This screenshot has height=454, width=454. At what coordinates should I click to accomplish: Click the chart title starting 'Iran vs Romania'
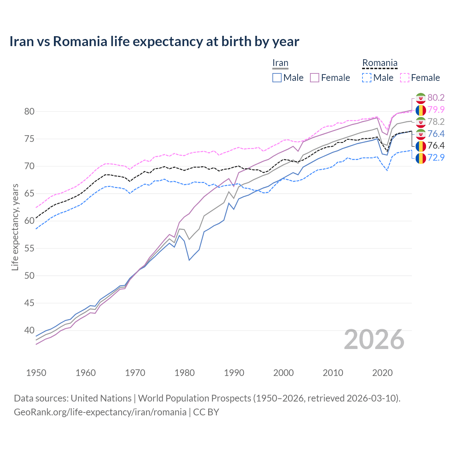click(x=154, y=41)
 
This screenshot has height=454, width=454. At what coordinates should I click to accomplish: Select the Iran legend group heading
click(x=280, y=63)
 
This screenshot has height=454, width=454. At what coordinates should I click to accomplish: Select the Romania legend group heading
click(x=380, y=63)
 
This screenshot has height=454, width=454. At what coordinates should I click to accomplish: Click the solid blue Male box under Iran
click(x=277, y=78)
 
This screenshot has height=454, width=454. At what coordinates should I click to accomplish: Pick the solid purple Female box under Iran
click(x=315, y=78)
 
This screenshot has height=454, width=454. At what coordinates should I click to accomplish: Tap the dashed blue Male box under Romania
click(x=367, y=78)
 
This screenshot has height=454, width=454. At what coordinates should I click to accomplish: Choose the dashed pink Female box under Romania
click(x=405, y=78)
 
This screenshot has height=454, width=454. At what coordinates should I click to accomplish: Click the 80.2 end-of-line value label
click(x=436, y=98)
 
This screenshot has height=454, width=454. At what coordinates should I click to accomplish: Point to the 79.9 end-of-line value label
click(x=436, y=110)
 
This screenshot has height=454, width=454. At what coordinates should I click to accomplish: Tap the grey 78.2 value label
click(x=436, y=122)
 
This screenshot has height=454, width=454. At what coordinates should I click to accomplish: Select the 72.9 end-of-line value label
click(x=436, y=157)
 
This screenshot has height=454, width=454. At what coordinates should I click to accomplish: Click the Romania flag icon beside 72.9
click(x=421, y=158)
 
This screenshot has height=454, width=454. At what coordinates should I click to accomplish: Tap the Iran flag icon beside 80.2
click(x=421, y=98)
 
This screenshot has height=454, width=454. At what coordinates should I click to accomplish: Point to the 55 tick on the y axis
click(x=29, y=248)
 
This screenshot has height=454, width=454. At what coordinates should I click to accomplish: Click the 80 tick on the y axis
click(x=29, y=111)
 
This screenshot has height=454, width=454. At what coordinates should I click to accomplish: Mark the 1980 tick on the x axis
click(x=184, y=373)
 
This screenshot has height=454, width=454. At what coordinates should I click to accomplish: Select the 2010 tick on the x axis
click(x=333, y=373)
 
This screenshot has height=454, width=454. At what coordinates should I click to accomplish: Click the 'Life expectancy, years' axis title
click(x=15, y=227)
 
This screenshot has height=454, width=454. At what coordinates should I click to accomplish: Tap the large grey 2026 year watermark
click(x=374, y=339)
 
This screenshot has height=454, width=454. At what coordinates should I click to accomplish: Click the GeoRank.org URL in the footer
click(x=100, y=412)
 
